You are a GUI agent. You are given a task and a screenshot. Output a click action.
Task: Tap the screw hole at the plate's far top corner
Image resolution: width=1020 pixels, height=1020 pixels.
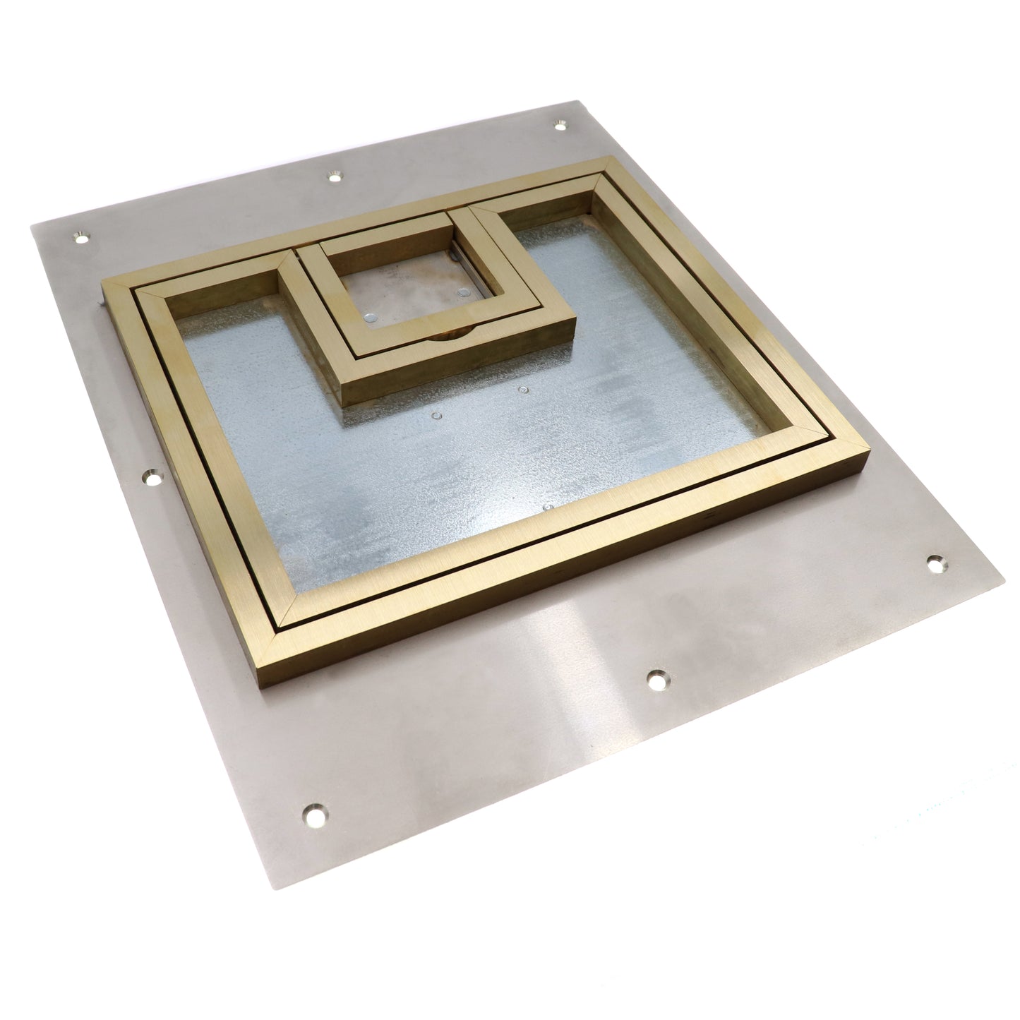560,124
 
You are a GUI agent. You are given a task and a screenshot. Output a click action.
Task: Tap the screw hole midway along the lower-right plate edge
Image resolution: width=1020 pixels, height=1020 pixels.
656,678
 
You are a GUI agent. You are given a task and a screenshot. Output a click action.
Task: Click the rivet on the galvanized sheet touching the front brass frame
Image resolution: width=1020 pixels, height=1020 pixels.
548,506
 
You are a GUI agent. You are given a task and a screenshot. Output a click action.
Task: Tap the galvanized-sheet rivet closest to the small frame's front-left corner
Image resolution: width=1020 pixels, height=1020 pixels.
436,417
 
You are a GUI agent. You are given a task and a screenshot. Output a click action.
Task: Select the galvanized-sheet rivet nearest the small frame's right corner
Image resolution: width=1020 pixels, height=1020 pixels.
522,388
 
